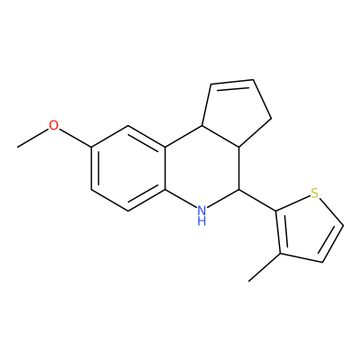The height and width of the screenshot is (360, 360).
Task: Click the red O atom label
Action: (x=54, y=125)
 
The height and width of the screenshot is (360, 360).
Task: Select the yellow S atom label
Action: (x=314, y=193)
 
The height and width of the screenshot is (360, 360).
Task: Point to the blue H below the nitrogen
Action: (x=202, y=221)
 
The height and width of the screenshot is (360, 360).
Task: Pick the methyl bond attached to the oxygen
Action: (x=33, y=139)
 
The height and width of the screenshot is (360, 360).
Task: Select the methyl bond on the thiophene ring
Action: (x=265, y=267)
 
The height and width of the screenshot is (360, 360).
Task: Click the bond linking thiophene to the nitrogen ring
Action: (x=257, y=200)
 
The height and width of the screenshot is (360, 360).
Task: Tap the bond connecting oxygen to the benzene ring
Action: (x=75, y=138)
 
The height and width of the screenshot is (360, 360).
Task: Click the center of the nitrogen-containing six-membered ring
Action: (x=202, y=168)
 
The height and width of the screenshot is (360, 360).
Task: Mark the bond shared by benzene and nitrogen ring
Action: (x=166, y=168)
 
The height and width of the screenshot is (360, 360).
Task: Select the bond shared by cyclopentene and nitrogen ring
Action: (x=220, y=137)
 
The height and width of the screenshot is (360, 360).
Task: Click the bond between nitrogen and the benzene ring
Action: (x=181, y=199)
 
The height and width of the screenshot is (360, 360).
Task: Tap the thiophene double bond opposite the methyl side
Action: (x=331, y=243)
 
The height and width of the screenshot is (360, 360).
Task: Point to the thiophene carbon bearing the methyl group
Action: (x=281, y=254)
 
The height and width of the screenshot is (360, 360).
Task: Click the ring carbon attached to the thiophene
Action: (x=239, y=190)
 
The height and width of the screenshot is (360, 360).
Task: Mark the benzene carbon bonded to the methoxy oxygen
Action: (x=91, y=147)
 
